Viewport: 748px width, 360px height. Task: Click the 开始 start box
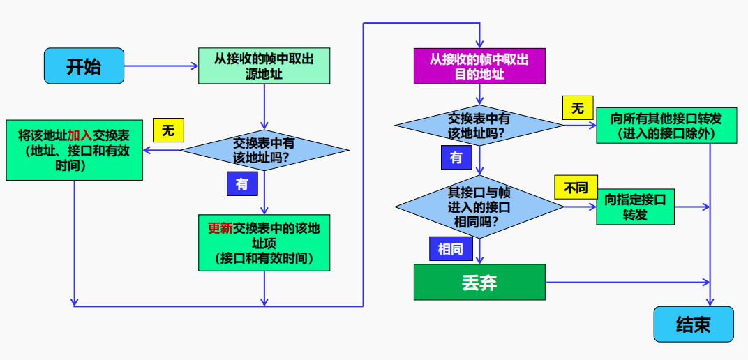pos(84,66)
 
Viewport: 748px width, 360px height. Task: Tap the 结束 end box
pos(694,324)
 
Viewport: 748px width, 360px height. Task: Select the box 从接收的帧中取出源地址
pos(264,66)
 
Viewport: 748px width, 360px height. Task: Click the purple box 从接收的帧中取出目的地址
pos(479,66)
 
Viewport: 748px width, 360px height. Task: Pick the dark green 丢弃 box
pos(479,282)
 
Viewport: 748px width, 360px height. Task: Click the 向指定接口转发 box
pos(636,207)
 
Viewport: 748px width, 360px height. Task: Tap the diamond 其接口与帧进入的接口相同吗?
pos(479,207)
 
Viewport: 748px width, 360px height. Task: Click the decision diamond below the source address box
pos(264,150)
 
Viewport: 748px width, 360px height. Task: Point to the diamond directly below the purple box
pos(479,126)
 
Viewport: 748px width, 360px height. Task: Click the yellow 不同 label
pos(576,187)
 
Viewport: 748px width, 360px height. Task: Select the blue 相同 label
pos(451,248)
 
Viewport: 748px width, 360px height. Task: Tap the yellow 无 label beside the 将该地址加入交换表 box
pos(168,130)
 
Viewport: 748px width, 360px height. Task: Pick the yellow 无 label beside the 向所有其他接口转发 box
pos(578,107)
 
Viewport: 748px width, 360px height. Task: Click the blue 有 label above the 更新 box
pos(242,183)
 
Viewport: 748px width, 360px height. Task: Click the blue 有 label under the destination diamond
pos(456,157)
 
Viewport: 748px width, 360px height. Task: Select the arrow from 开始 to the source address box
pos(161,66)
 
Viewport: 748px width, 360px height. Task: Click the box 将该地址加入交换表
pos(75,150)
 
